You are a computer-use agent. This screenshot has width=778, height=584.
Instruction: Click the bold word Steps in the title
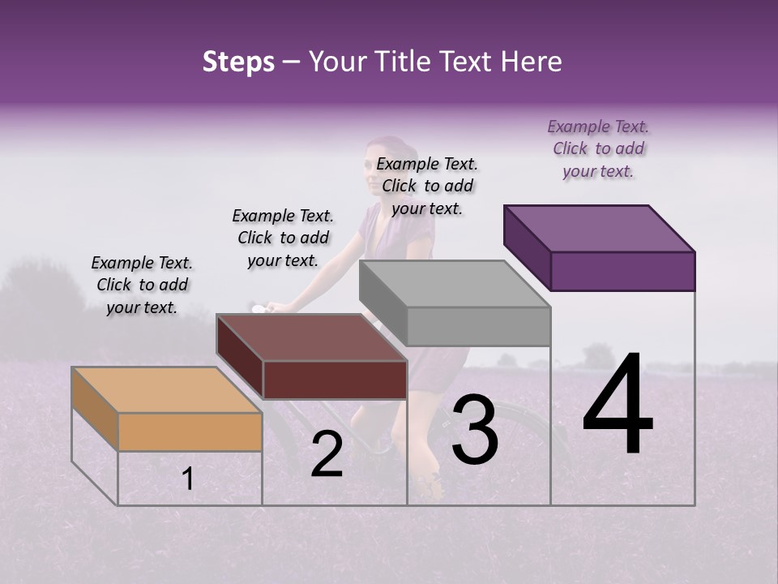(238, 62)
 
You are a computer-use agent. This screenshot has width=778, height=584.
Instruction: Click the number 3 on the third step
(475, 430)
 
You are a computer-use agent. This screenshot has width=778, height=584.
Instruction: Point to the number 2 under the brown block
(327, 454)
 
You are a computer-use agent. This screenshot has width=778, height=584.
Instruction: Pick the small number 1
(187, 479)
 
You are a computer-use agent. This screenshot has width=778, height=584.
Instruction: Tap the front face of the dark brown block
(335, 380)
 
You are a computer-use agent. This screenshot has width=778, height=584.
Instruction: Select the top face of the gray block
(454, 284)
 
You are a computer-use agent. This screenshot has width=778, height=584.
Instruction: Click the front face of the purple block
(622, 271)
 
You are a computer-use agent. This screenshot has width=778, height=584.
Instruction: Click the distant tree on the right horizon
(598, 354)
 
